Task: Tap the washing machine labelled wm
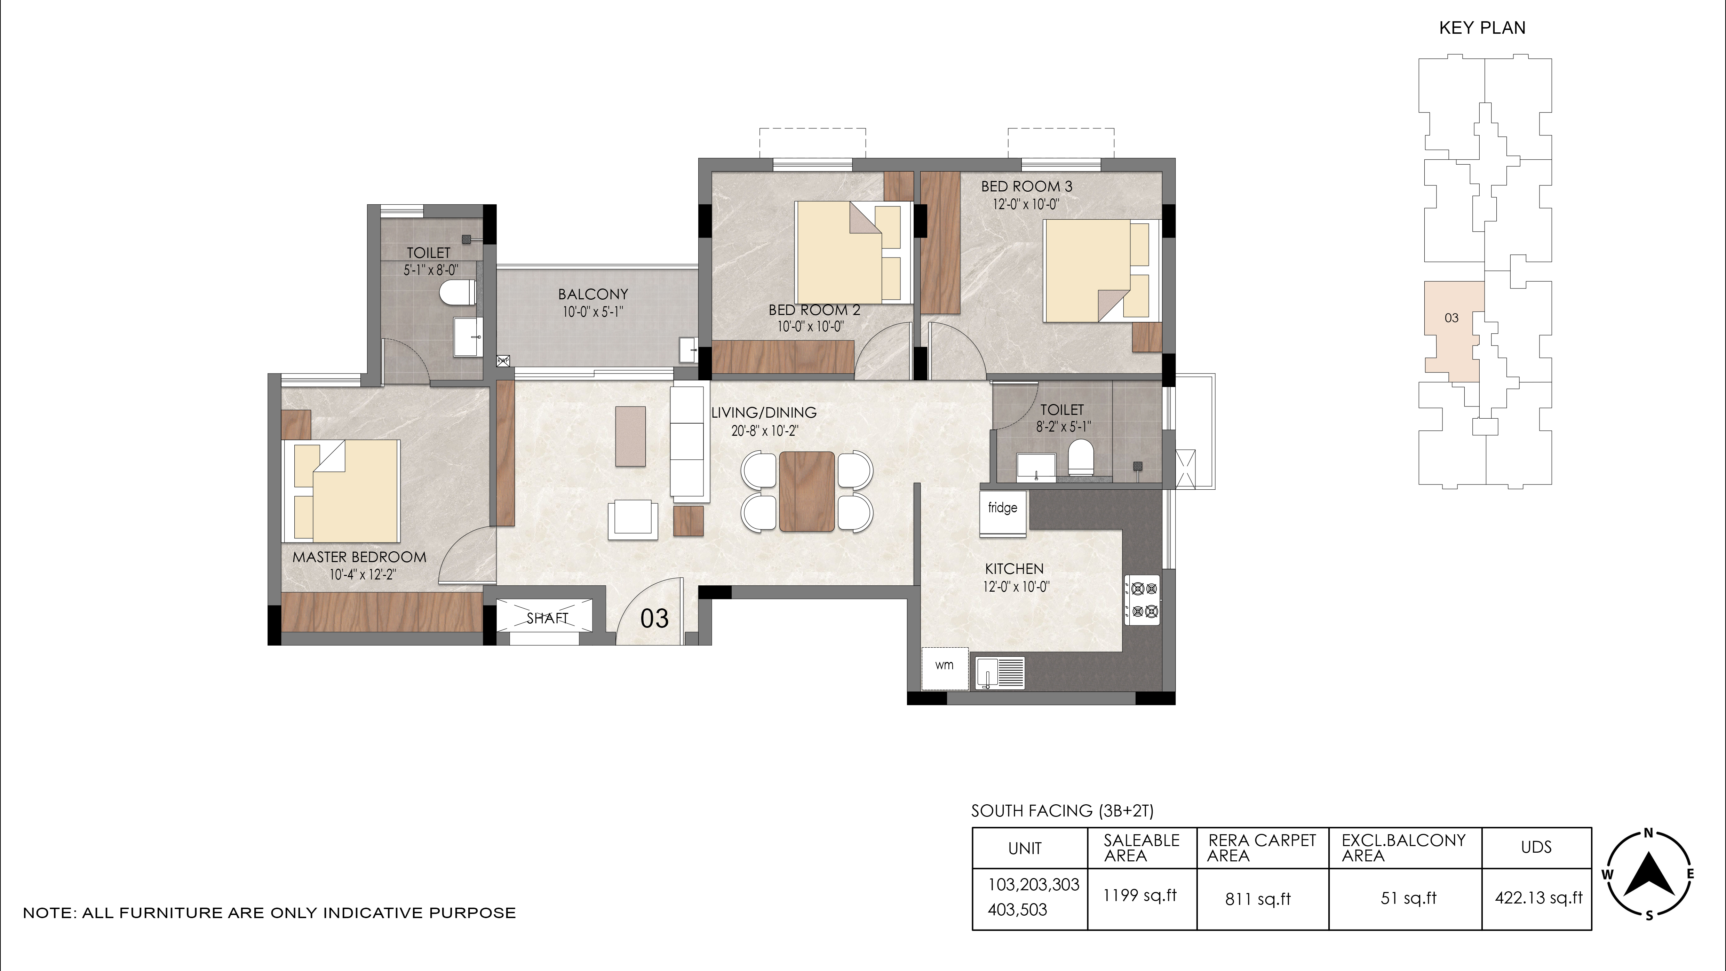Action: (945, 668)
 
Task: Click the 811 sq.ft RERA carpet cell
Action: (1258, 899)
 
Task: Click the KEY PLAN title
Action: (1482, 28)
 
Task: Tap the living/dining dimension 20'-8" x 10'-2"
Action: (764, 431)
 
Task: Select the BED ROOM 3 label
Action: (1026, 186)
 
